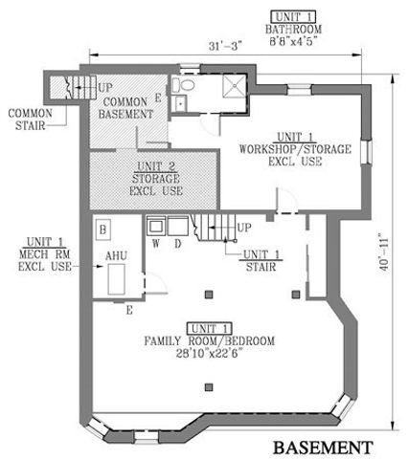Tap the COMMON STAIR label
click(29, 117)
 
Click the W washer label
click(155, 243)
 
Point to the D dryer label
click(178, 243)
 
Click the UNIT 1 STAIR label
click(255, 260)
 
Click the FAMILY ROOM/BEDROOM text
click(209, 341)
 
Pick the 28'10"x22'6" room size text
click(209, 354)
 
